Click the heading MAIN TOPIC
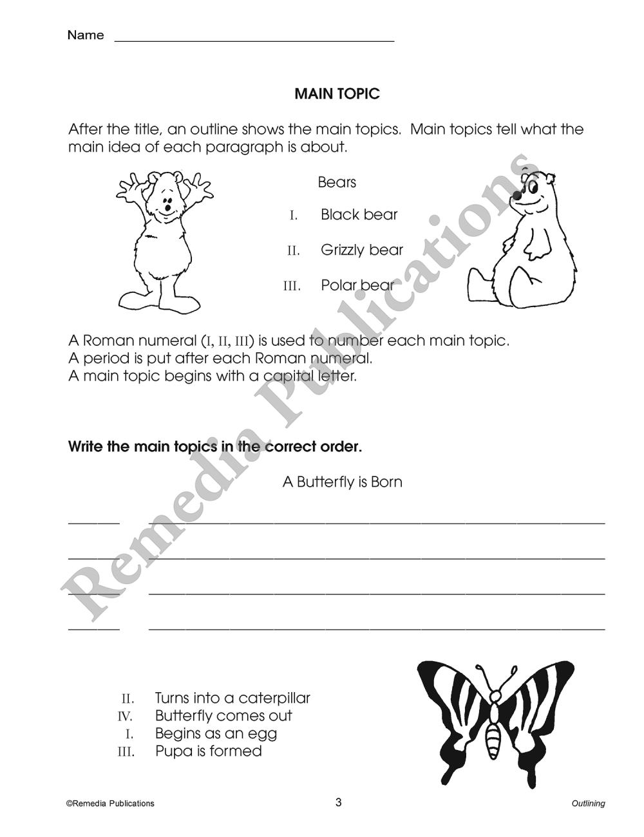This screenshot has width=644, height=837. coord(337,94)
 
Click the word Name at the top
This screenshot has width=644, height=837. coord(85,35)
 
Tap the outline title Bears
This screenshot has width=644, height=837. coord(337,182)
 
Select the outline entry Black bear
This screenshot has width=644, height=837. coord(359,214)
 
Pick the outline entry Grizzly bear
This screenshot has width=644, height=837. coord(361,250)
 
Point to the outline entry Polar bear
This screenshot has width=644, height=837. coord(357,285)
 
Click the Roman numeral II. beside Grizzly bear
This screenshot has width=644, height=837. coord(294,250)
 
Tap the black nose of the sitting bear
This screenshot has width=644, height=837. coord(517,195)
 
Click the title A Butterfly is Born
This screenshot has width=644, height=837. coord(342,482)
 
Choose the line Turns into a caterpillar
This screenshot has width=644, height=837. coord(232,698)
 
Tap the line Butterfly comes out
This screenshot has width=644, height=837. coord(223,716)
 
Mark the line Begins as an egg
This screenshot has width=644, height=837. coord(216,733)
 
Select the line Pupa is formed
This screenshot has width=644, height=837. coord(208,751)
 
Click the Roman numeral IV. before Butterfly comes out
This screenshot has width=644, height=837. coord(125,717)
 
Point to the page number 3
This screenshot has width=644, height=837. coord(338,802)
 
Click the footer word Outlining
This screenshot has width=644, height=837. coord(588,804)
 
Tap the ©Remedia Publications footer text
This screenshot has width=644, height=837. coord(110,804)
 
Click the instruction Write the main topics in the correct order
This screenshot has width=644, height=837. coord(215,447)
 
